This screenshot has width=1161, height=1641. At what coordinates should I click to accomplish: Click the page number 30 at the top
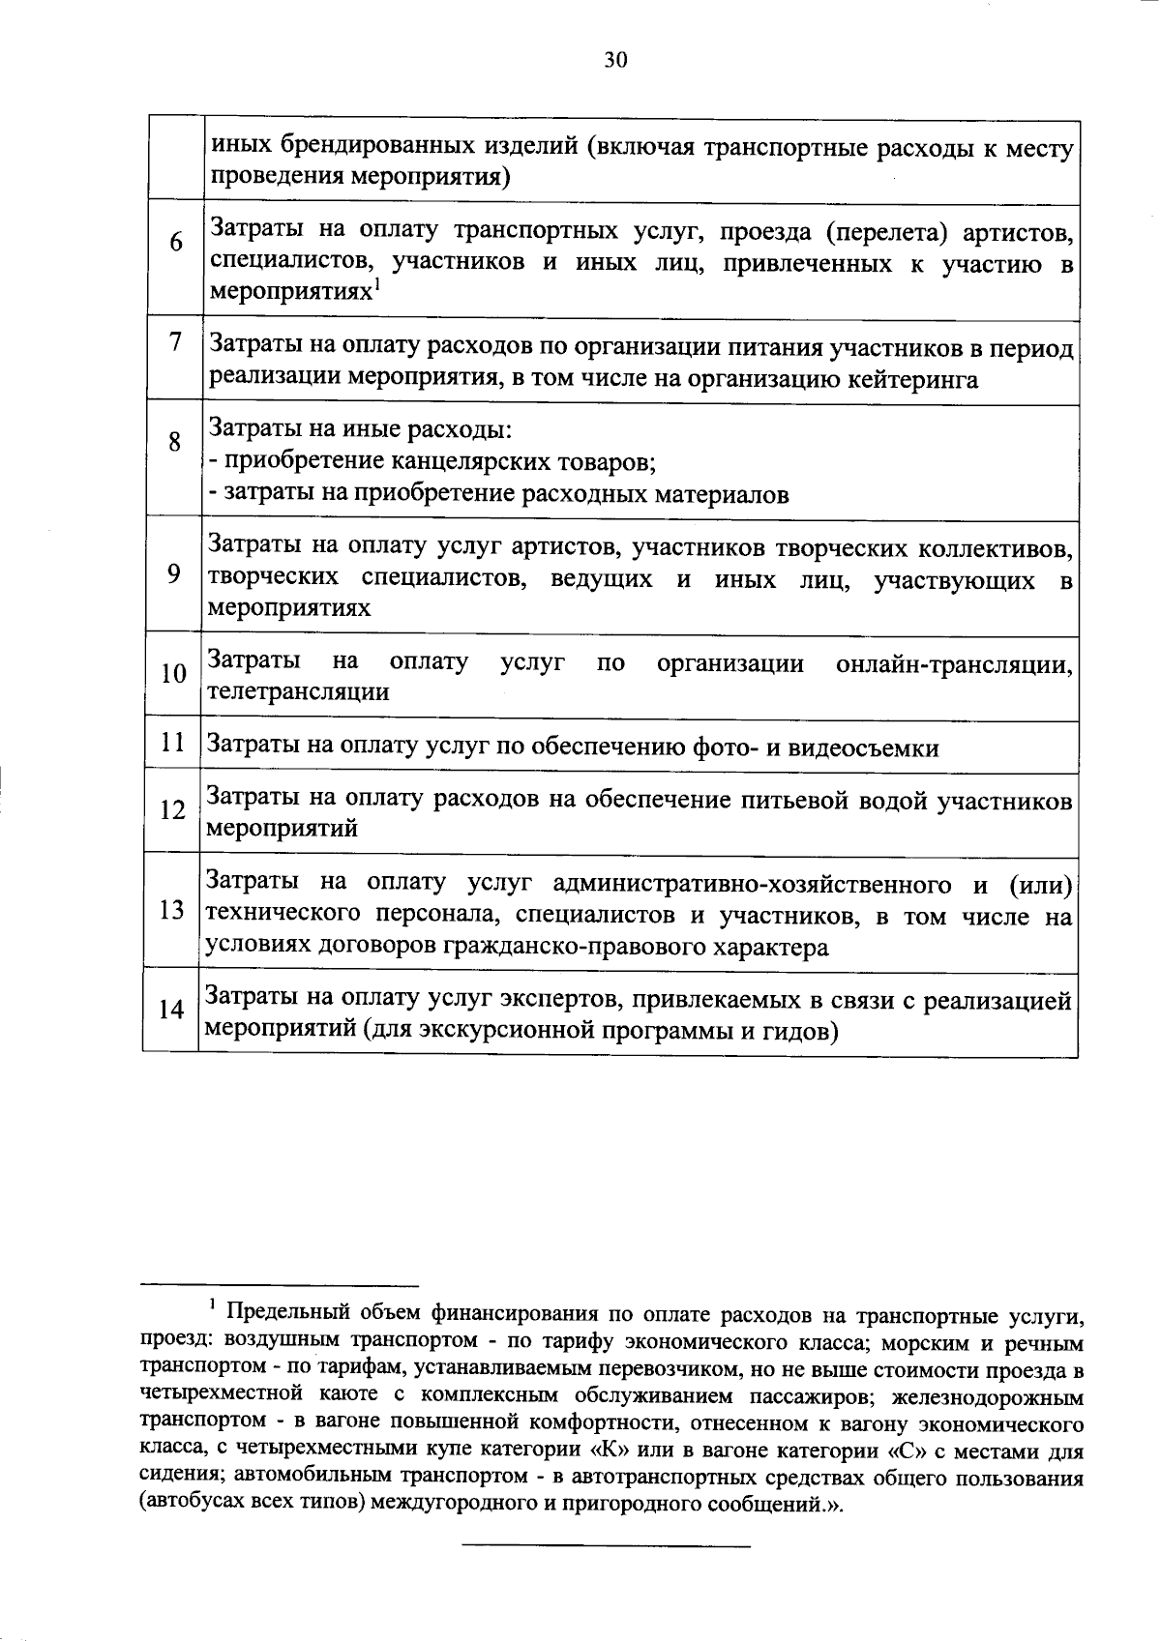point(615,61)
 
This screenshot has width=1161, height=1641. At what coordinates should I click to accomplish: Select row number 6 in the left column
point(175,242)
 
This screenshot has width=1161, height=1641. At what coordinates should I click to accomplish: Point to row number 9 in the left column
point(173,574)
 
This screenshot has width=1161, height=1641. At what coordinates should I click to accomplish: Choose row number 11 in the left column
point(173,743)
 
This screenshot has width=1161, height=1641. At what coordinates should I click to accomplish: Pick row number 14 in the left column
point(171,1010)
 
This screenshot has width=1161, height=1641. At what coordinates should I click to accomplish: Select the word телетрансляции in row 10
point(299,692)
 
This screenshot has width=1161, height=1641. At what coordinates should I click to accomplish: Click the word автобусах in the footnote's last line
point(191,1505)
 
